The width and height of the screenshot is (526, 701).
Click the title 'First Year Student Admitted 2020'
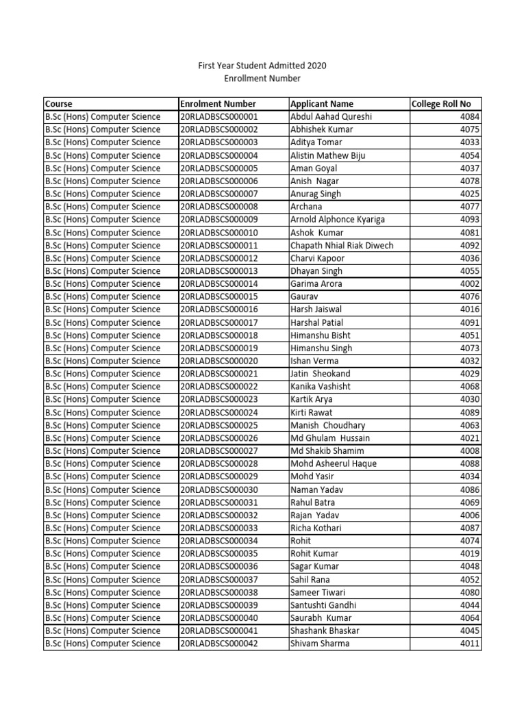pyautogui.click(x=262, y=66)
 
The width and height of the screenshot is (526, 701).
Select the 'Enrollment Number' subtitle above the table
pyautogui.click(x=262, y=79)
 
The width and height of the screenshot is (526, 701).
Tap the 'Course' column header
pyautogui.click(x=59, y=104)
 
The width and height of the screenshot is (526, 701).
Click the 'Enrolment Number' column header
pyautogui.click(x=218, y=104)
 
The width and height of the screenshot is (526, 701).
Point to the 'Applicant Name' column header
pyautogui.click(x=322, y=104)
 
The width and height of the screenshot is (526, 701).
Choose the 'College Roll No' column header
pyautogui.click(x=441, y=104)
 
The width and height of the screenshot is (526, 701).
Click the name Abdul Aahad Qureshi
pyautogui.click(x=331, y=117)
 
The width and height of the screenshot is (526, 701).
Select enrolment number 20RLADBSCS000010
pyautogui.click(x=219, y=233)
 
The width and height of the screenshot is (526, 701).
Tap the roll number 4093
pyautogui.click(x=470, y=220)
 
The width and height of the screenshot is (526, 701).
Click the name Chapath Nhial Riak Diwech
pyautogui.click(x=342, y=246)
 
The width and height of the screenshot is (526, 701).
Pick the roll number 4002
pyautogui.click(x=470, y=284)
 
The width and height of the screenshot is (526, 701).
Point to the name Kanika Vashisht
pyautogui.click(x=321, y=387)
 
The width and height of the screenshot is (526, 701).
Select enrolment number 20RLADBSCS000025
pyautogui.click(x=219, y=425)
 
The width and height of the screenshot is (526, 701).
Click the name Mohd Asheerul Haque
pyautogui.click(x=333, y=464)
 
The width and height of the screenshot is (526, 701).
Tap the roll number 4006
pyautogui.click(x=470, y=515)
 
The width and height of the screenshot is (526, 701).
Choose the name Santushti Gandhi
pyautogui.click(x=323, y=605)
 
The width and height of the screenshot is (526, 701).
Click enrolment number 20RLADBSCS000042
pyautogui.click(x=219, y=643)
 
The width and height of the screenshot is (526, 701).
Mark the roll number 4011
pyautogui.click(x=470, y=643)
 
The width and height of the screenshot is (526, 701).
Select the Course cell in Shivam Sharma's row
pyautogui.click(x=103, y=643)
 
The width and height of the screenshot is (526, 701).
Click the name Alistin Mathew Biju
pyautogui.click(x=328, y=155)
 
